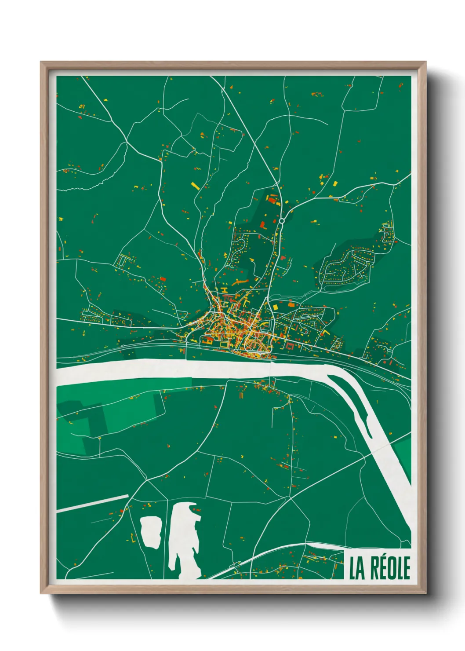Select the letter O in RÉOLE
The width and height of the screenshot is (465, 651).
390,568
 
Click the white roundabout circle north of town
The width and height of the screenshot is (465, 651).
281,220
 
